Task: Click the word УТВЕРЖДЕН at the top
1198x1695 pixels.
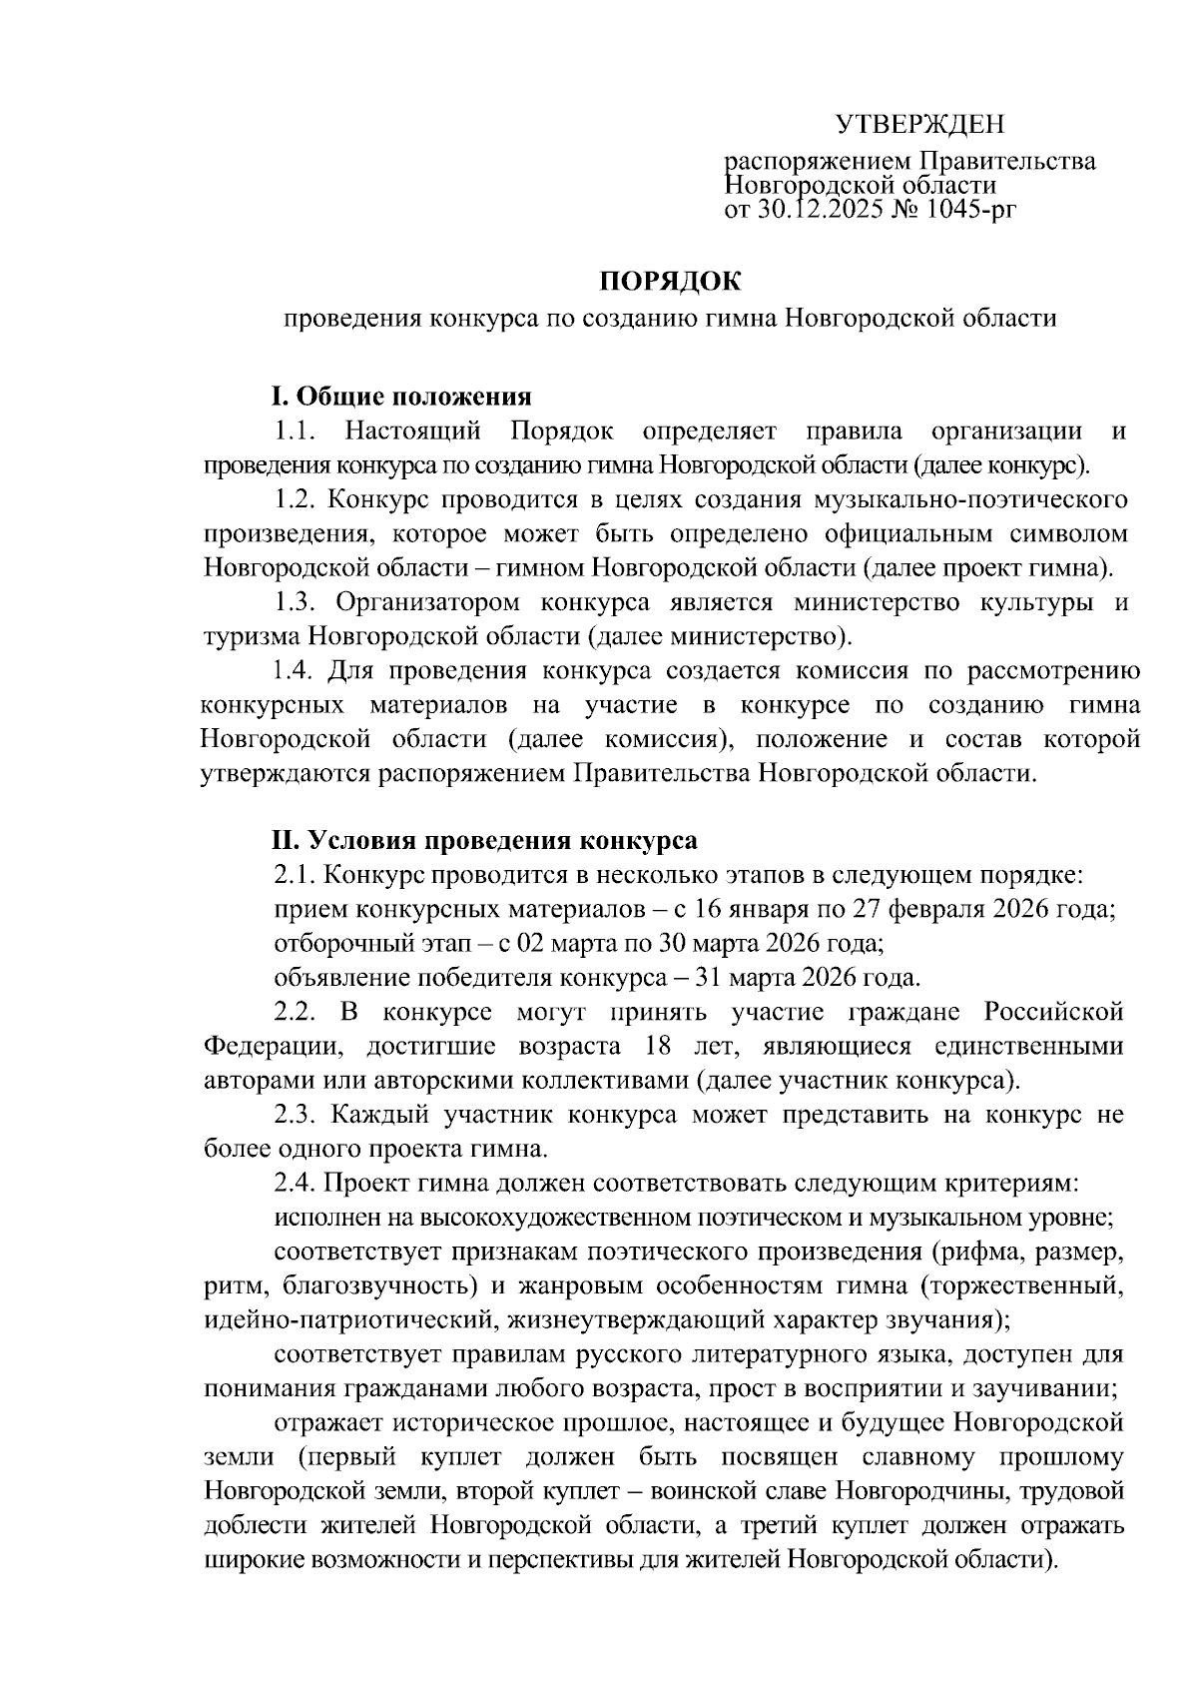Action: [x=918, y=124]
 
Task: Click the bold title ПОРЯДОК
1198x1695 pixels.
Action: [x=670, y=283]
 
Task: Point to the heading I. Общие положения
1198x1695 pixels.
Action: [x=401, y=397]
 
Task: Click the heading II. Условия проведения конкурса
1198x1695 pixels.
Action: [x=485, y=840]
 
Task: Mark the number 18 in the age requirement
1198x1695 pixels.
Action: [x=648, y=1046]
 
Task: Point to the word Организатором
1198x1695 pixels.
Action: [x=428, y=602]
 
